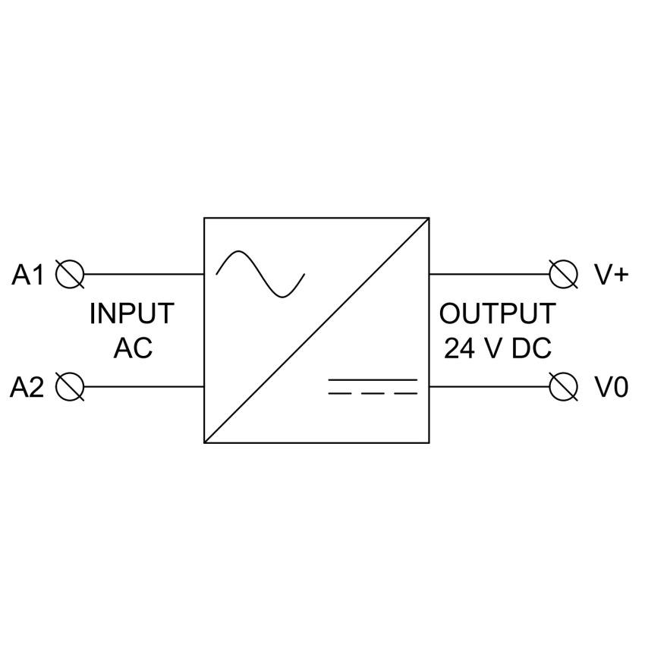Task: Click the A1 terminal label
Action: coord(27,275)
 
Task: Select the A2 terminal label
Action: coord(27,387)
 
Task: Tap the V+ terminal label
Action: coord(612,275)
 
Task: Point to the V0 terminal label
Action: coord(612,387)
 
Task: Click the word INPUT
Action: coord(132,313)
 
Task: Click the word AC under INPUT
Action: coord(133,348)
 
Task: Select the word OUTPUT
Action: coord(498,313)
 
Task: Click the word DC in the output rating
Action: coord(532,348)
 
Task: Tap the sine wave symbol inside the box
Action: coord(260,274)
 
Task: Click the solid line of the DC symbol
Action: coord(373,379)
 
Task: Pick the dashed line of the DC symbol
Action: coord(373,394)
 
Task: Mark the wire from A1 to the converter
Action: coord(144,274)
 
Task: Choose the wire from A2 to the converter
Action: coord(144,387)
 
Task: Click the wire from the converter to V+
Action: coord(489,274)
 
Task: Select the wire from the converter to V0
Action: coord(489,387)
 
